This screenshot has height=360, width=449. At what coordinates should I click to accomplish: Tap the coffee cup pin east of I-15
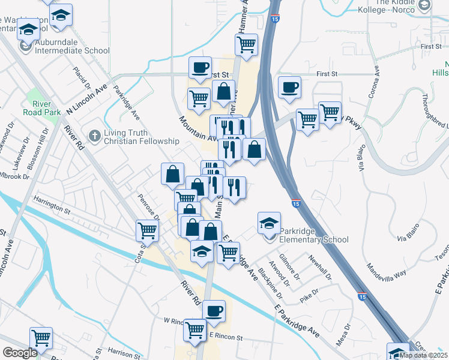tap(289, 88)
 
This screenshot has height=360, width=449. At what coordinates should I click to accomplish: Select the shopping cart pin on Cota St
tap(148, 230)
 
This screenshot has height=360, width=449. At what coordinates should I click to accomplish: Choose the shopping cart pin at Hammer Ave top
tap(246, 44)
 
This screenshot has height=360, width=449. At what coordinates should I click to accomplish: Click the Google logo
tap(20, 353)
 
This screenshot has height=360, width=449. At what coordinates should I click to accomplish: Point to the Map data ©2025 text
tap(423, 355)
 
